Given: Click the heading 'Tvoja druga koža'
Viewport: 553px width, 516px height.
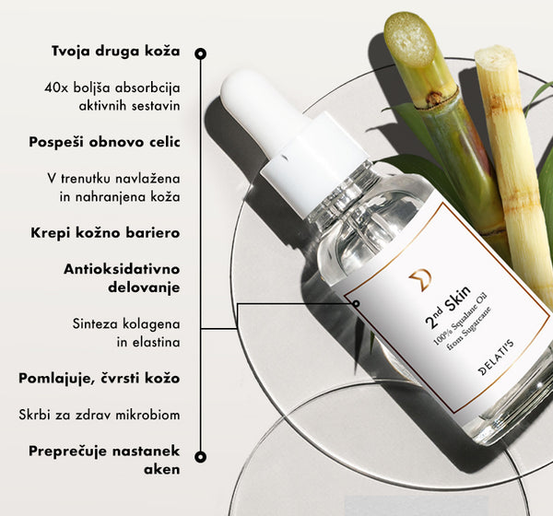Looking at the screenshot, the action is click(x=116, y=52).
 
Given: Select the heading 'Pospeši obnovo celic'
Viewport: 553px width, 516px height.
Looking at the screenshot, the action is click(x=104, y=143).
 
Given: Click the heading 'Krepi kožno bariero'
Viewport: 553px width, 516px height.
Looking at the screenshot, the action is click(x=105, y=233).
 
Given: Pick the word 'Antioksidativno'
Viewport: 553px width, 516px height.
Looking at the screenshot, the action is click(x=122, y=269).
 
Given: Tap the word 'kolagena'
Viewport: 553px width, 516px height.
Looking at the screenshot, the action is click(x=151, y=323).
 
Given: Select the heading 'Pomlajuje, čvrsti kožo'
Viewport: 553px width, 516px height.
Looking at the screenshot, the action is click(x=100, y=379).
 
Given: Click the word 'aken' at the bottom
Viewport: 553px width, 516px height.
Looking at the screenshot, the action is click(x=162, y=470).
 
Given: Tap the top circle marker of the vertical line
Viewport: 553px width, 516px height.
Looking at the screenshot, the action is click(x=201, y=53).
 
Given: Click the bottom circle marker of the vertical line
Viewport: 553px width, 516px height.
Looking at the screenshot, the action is click(x=201, y=457).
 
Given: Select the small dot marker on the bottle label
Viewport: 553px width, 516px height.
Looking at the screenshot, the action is click(x=356, y=303).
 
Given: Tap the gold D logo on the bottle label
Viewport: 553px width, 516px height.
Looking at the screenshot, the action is click(x=420, y=280).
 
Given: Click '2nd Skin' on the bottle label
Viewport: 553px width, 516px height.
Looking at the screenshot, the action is click(x=448, y=307).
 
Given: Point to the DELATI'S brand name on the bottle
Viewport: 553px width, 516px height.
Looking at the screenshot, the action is click(x=496, y=358).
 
